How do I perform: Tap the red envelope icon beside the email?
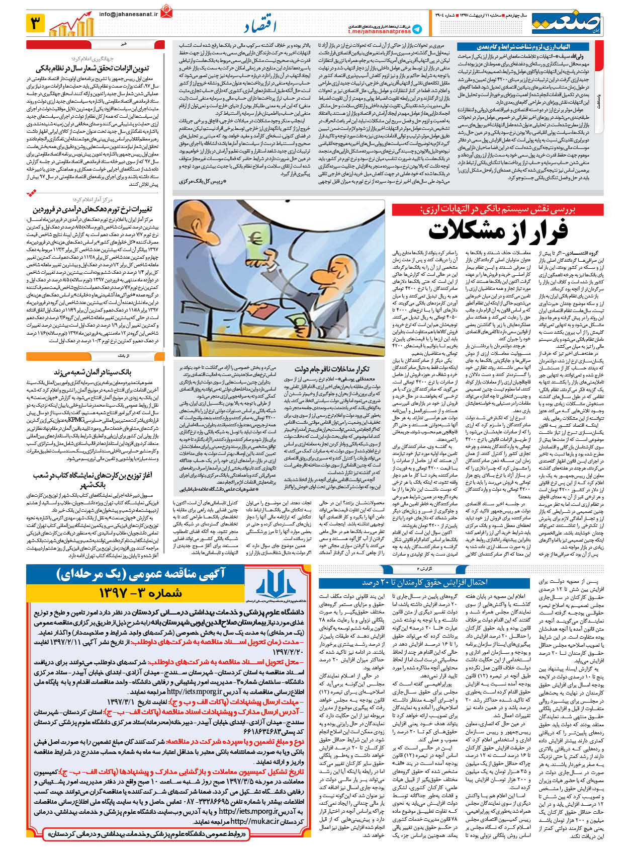(166, 10)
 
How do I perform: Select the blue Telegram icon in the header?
(417, 30)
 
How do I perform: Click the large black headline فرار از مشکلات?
(498, 231)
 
